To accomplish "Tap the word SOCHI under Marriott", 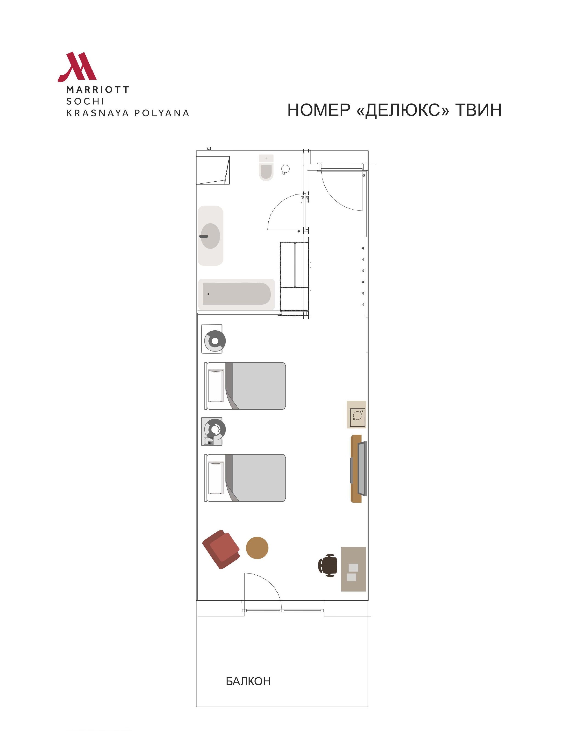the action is coord(85,101).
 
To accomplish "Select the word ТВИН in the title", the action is coord(478,110).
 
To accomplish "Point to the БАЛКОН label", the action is coord(248,681).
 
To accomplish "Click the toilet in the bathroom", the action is coord(266,167).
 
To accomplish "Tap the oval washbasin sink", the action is coord(210,236).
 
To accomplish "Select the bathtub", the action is coord(236,294).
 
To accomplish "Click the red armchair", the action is coord(221,549).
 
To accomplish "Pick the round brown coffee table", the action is coord(257,548).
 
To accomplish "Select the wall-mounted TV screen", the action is coord(362,469).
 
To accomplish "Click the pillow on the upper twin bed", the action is coord(216,386).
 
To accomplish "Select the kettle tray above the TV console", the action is coord(357,414).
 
